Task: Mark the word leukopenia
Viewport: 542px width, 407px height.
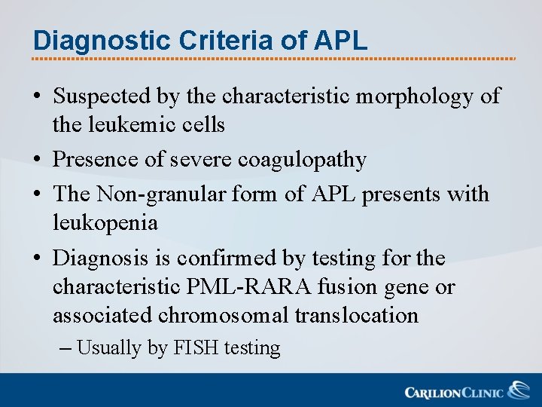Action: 105,223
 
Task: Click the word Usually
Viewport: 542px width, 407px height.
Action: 108,348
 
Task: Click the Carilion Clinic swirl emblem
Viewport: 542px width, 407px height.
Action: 519,390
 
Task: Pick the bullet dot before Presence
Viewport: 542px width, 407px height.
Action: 37,161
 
